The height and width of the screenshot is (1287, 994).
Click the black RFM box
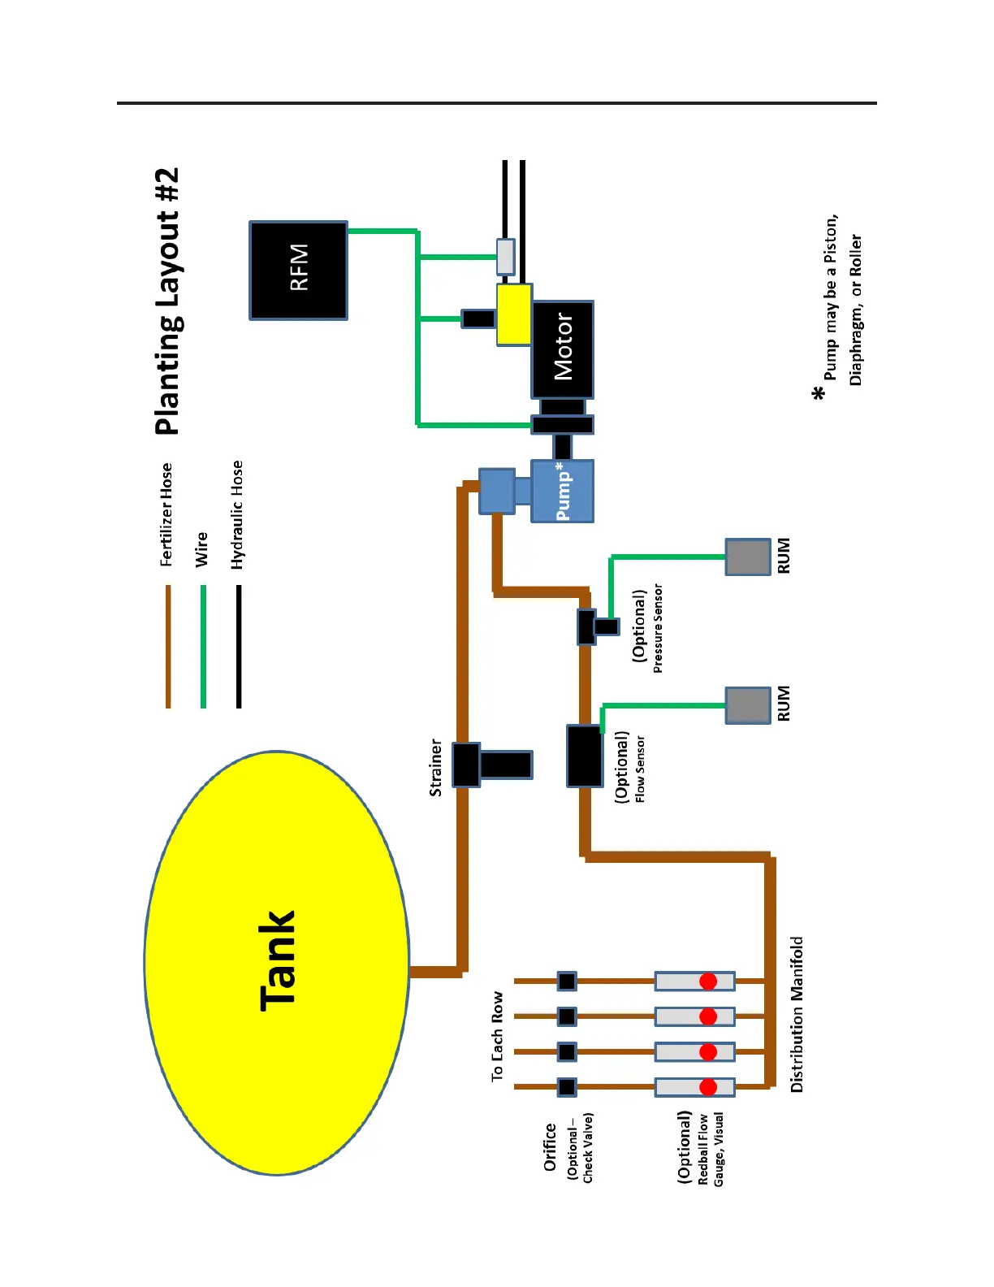298,270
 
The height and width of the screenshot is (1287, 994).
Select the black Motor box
562,349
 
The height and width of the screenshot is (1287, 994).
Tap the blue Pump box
562,491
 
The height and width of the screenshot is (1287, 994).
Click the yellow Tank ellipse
277,962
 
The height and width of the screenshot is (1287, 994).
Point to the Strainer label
436,767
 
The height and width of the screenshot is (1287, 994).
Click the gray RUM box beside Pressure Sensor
747,557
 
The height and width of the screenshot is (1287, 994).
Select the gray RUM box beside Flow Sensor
747,704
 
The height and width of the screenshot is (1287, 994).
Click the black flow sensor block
584,756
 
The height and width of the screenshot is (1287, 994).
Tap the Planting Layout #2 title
167,301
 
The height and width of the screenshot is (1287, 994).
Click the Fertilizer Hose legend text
166,514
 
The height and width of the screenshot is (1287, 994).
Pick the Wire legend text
201,549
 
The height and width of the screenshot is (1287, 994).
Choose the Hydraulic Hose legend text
237,514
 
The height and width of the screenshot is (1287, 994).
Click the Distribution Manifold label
797,1014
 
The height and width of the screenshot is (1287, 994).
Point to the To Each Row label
497,1036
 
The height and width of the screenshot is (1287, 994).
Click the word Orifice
550,1146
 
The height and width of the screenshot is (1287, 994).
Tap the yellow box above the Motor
514,314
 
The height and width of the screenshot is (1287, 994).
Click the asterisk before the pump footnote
819,394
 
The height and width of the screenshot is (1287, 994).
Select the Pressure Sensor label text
658,628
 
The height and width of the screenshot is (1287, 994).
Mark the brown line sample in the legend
168,646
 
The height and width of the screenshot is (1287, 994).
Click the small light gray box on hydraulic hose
505,257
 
